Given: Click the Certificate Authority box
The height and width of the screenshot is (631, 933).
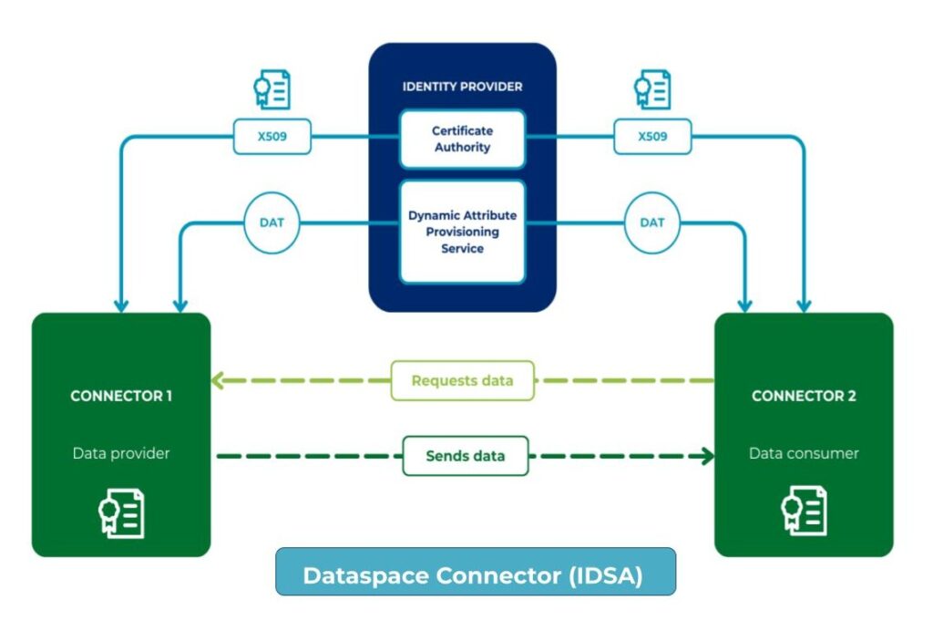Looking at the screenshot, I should click(x=462, y=140).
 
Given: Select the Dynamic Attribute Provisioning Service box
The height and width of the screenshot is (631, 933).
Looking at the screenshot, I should click(x=462, y=232).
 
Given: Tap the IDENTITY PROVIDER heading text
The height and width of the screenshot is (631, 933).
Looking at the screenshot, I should click(x=462, y=87).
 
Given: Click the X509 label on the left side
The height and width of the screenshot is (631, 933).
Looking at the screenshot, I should click(x=272, y=139).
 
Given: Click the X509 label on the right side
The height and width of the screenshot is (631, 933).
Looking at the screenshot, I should click(x=652, y=139).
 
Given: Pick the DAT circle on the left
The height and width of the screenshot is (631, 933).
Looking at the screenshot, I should click(x=272, y=222).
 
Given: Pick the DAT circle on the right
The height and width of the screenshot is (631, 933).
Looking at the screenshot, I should click(x=652, y=222).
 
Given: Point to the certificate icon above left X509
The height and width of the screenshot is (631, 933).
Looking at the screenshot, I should click(x=272, y=89).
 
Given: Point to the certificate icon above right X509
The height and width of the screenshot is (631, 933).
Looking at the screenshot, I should click(x=652, y=89).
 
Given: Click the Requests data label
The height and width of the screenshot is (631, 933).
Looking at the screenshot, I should click(x=462, y=380).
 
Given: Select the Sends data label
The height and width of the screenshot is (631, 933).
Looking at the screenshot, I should click(x=465, y=455).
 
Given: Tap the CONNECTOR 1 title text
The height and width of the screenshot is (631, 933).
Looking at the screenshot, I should click(x=121, y=396).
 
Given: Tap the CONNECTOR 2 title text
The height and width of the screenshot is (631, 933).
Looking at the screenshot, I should click(x=804, y=396).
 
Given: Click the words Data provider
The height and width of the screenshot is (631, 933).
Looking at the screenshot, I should click(x=121, y=453).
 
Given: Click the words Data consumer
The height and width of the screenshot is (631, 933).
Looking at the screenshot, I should click(x=804, y=453).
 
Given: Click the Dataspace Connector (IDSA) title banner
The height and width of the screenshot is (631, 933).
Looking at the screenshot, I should click(x=475, y=575).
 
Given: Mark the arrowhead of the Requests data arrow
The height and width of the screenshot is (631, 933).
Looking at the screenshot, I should click(x=218, y=380).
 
